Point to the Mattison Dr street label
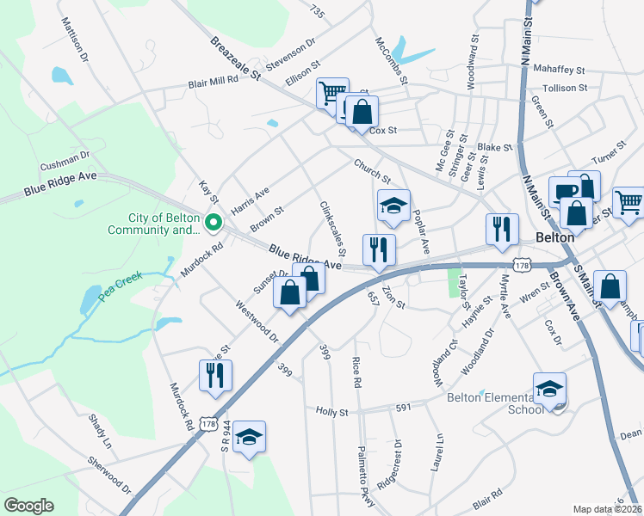[75, 40]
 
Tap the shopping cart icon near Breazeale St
[331, 92]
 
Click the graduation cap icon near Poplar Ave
[393, 205]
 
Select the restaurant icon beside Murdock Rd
[214, 374]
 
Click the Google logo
[28, 505]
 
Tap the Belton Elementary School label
[495, 402]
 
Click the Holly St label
[331, 412]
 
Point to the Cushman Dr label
[65, 160]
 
